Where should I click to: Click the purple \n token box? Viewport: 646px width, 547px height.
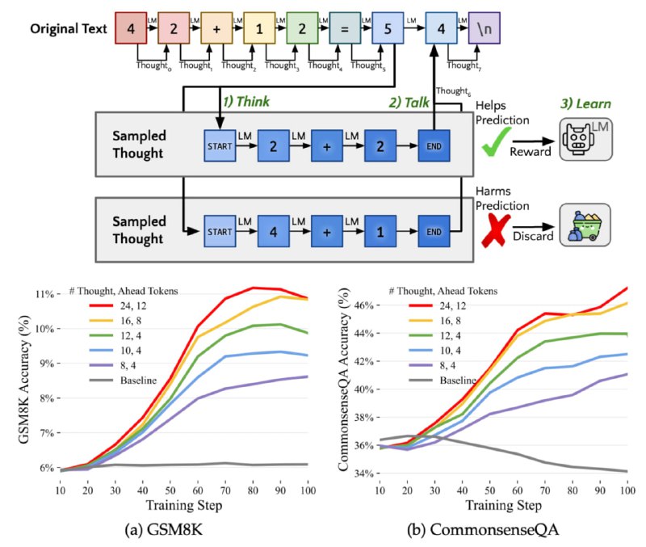[484, 28]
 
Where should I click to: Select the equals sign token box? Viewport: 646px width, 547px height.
[345, 28]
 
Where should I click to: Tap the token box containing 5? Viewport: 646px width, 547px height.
[388, 28]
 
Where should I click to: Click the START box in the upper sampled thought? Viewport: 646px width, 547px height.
[220, 145]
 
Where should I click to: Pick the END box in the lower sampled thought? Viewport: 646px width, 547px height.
[434, 231]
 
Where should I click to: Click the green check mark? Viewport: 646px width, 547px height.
[497, 141]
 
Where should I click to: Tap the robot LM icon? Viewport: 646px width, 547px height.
[585, 139]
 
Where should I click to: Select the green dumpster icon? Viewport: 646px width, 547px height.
[585, 225]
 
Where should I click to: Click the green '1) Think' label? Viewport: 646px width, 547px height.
[246, 102]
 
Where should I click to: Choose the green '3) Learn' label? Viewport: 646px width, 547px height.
[585, 103]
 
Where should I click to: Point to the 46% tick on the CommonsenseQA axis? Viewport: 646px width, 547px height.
[365, 305]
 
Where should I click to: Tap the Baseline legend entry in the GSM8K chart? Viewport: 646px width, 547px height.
[123, 380]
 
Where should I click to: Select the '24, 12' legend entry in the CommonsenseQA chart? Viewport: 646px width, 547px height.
[438, 305]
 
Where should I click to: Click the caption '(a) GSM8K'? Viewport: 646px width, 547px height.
[164, 529]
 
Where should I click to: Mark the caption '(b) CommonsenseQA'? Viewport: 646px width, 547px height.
[482, 529]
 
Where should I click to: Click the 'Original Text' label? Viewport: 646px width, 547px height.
[69, 28]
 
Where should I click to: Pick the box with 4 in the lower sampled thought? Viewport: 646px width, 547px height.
[273, 231]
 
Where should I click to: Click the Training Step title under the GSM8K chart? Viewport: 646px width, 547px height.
[184, 505]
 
